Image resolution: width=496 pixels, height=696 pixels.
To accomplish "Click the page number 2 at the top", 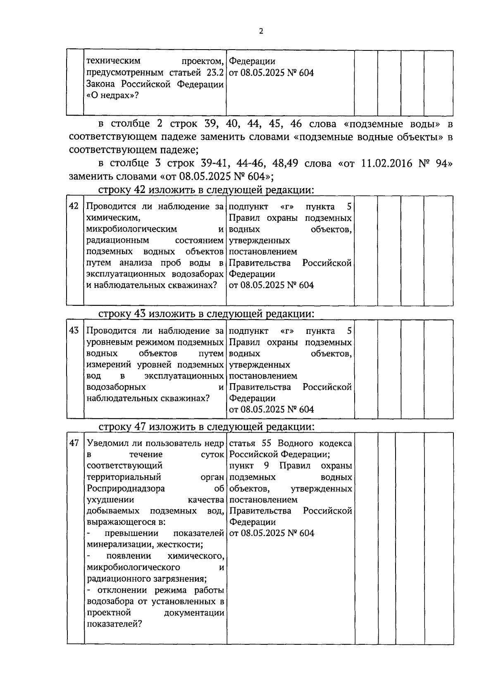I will tap(260, 31).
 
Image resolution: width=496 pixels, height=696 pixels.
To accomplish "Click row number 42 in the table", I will tap(74, 206).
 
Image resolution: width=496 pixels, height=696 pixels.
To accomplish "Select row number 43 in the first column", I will tap(74, 330).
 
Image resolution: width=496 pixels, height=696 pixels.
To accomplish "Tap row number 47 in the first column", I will tap(74, 443).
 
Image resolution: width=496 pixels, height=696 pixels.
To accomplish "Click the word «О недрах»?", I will tap(112, 95).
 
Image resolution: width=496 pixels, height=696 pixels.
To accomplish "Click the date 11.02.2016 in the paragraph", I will tap(387, 164).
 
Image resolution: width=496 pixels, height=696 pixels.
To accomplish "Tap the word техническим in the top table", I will tap(113, 61).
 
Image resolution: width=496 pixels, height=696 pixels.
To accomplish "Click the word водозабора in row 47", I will tap(110, 601).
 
